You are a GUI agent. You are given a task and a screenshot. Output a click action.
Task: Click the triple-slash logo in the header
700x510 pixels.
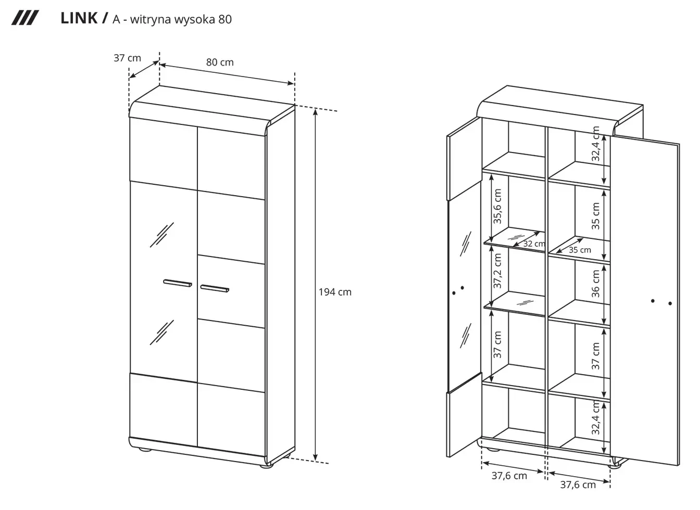(25, 18)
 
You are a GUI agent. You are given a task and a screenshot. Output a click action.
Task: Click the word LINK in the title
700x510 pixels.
(79, 18)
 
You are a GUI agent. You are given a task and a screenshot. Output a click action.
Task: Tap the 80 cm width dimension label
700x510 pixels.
(220, 62)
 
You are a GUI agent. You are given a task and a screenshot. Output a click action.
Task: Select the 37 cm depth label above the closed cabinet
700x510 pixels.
(127, 58)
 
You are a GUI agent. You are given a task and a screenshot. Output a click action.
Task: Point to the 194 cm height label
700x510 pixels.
(335, 292)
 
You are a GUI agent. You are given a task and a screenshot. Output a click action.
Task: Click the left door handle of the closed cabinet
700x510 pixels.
(178, 283)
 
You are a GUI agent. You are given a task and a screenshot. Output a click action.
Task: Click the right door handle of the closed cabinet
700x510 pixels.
(215, 289)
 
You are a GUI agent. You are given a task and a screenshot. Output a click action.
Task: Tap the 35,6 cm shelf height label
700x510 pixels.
(497, 206)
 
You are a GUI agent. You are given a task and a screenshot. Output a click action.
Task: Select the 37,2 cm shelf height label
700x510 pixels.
(497, 271)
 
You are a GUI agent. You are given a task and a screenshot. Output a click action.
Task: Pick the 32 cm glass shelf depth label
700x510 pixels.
(534, 244)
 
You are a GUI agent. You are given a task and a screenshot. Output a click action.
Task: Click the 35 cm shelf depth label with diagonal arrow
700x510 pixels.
(580, 250)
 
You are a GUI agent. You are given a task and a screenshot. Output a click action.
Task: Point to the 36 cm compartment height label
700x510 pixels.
(596, 284)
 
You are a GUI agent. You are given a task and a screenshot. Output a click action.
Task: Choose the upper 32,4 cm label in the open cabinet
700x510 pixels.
(596, 144)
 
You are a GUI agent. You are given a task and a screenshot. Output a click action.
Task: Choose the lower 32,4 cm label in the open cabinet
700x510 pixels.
(596, 417)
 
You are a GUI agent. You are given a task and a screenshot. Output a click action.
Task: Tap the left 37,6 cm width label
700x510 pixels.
(509, 476)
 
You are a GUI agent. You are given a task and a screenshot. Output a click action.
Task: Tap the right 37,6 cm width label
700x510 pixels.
(578, 484)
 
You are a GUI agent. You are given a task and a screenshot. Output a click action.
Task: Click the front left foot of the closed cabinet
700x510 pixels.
(145, 450)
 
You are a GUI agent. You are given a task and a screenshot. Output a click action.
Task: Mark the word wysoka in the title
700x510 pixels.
(194, 20)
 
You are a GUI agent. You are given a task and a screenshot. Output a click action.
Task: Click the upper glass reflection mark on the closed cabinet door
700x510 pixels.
(162, 235)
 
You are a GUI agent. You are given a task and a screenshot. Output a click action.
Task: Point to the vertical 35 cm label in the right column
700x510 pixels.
(596, 216)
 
